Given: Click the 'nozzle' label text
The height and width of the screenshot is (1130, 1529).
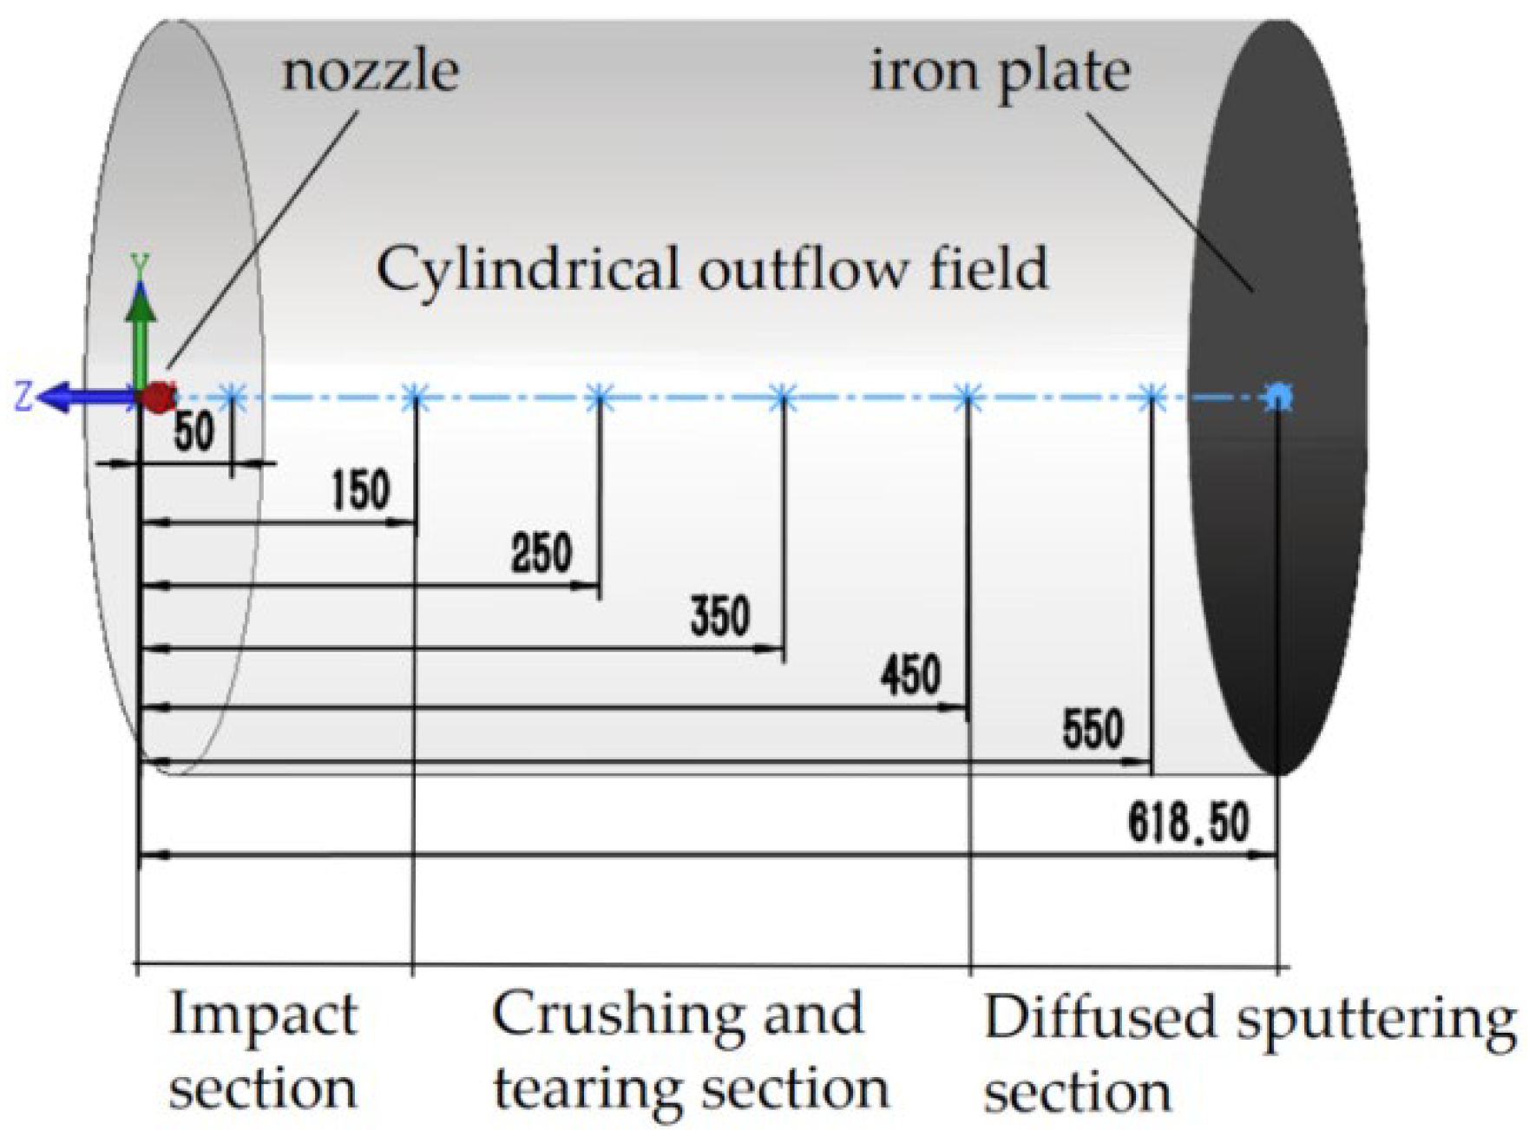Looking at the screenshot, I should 371,71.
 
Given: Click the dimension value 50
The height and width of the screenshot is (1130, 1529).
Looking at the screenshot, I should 194,430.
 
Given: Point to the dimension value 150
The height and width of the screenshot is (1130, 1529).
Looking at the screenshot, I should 361,490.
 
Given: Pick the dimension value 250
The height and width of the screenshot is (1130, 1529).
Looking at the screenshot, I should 541,553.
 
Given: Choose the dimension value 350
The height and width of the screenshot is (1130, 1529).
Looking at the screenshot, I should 720,617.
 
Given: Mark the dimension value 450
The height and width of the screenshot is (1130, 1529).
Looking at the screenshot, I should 910,675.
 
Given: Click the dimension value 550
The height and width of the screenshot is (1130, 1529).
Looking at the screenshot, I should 1093,729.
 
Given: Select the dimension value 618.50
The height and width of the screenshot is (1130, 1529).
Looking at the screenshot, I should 1188,822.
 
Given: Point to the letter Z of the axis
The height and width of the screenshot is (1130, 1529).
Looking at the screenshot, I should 23,396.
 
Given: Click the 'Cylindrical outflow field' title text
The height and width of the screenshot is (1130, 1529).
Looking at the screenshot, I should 712,269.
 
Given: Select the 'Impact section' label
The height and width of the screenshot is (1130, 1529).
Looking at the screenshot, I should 263,1051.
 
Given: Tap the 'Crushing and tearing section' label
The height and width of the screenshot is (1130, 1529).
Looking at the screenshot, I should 690,1051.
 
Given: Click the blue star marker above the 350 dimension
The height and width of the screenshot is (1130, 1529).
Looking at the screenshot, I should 782,398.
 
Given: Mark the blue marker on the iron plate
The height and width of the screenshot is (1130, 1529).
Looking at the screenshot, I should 1277,397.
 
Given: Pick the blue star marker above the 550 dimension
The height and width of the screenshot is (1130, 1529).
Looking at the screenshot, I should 1152,398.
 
